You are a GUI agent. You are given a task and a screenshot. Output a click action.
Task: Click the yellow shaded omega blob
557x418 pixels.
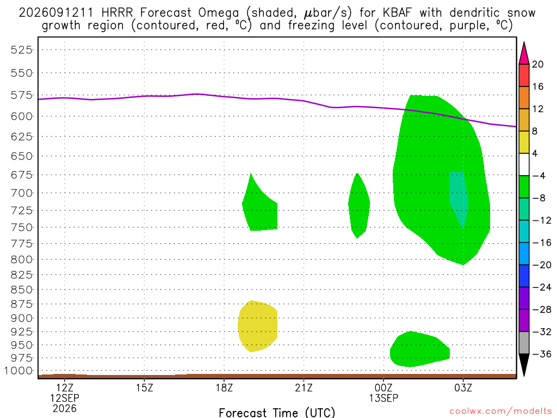tap(257, 327)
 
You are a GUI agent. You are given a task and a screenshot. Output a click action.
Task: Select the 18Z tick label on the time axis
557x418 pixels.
tap(224, 388)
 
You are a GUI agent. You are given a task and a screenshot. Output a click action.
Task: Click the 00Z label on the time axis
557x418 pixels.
tap(383, 388)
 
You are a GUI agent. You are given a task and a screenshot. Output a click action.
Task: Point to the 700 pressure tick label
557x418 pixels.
tap(22, 193)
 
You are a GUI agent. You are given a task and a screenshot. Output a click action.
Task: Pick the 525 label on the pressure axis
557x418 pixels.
tap(22, 50)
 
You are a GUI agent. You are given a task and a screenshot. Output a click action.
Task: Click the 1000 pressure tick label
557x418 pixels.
tap(18, 371)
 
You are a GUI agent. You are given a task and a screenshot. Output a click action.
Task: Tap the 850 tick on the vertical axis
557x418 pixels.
tap(22, 290)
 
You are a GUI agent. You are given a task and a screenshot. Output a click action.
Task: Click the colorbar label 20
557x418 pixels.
tap(538, 64)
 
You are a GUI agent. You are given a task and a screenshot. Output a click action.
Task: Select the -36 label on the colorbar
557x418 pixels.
tap(541, 354)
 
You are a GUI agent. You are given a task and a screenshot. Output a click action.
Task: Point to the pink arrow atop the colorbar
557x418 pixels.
tap(524, 53)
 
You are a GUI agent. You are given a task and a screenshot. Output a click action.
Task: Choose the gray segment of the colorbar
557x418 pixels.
tap(524, 343)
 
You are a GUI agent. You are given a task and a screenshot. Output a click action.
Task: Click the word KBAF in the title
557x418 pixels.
tap(397, 13)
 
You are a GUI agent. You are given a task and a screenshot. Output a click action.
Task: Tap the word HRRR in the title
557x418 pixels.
tap(117, 13)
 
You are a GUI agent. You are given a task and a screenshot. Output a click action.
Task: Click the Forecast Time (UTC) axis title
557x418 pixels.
tap(277, 413)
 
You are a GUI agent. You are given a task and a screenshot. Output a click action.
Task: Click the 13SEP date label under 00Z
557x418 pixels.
tap(383, 398)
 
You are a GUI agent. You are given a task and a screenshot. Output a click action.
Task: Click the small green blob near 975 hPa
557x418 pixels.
tap(419, 349)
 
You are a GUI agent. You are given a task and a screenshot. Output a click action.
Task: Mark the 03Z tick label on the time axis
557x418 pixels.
tap(463, 388)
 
